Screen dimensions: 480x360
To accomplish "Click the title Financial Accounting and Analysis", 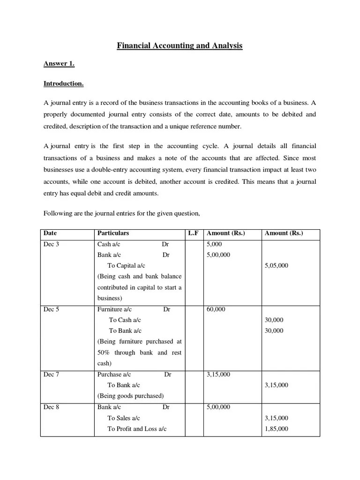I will pyautogui.click(x=180, y=46).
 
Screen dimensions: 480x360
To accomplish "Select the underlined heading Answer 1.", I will pyautogui.click(x=59, y=64).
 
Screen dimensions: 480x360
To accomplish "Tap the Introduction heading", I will pyautogui.click(x=64, y=84).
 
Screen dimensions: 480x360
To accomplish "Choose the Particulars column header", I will pyautogui.click(x=113, y=233).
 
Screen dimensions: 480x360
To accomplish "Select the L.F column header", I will pyautogui.click(x=193, y=233).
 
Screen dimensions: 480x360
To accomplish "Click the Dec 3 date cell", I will pyautogui.click(x=51, y=244).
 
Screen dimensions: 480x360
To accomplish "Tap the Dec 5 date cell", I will pyautogui.click(x=51, y=309).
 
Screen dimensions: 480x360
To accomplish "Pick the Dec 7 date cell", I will pyautogui.click(x=51, y=375).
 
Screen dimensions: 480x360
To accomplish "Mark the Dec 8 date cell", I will pyautogui.click(x=51, y=407).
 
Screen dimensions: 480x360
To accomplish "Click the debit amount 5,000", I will pyautogui.click(x=214, y=244).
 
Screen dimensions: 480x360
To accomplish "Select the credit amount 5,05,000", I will pyautogui.click(x=277, y=266).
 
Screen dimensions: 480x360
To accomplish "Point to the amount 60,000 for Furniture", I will pyautogui.click(x=216, y=309).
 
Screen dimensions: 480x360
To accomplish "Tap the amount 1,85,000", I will pyautogui.click(x=277, y=429).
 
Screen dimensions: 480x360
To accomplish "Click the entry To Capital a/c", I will pyautogui.click(x=126, y=266).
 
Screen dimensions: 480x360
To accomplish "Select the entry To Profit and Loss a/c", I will pyautogui.click(x=137, y=429).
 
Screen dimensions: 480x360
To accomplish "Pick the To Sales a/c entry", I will pyautogui.click(x=124, y=418).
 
